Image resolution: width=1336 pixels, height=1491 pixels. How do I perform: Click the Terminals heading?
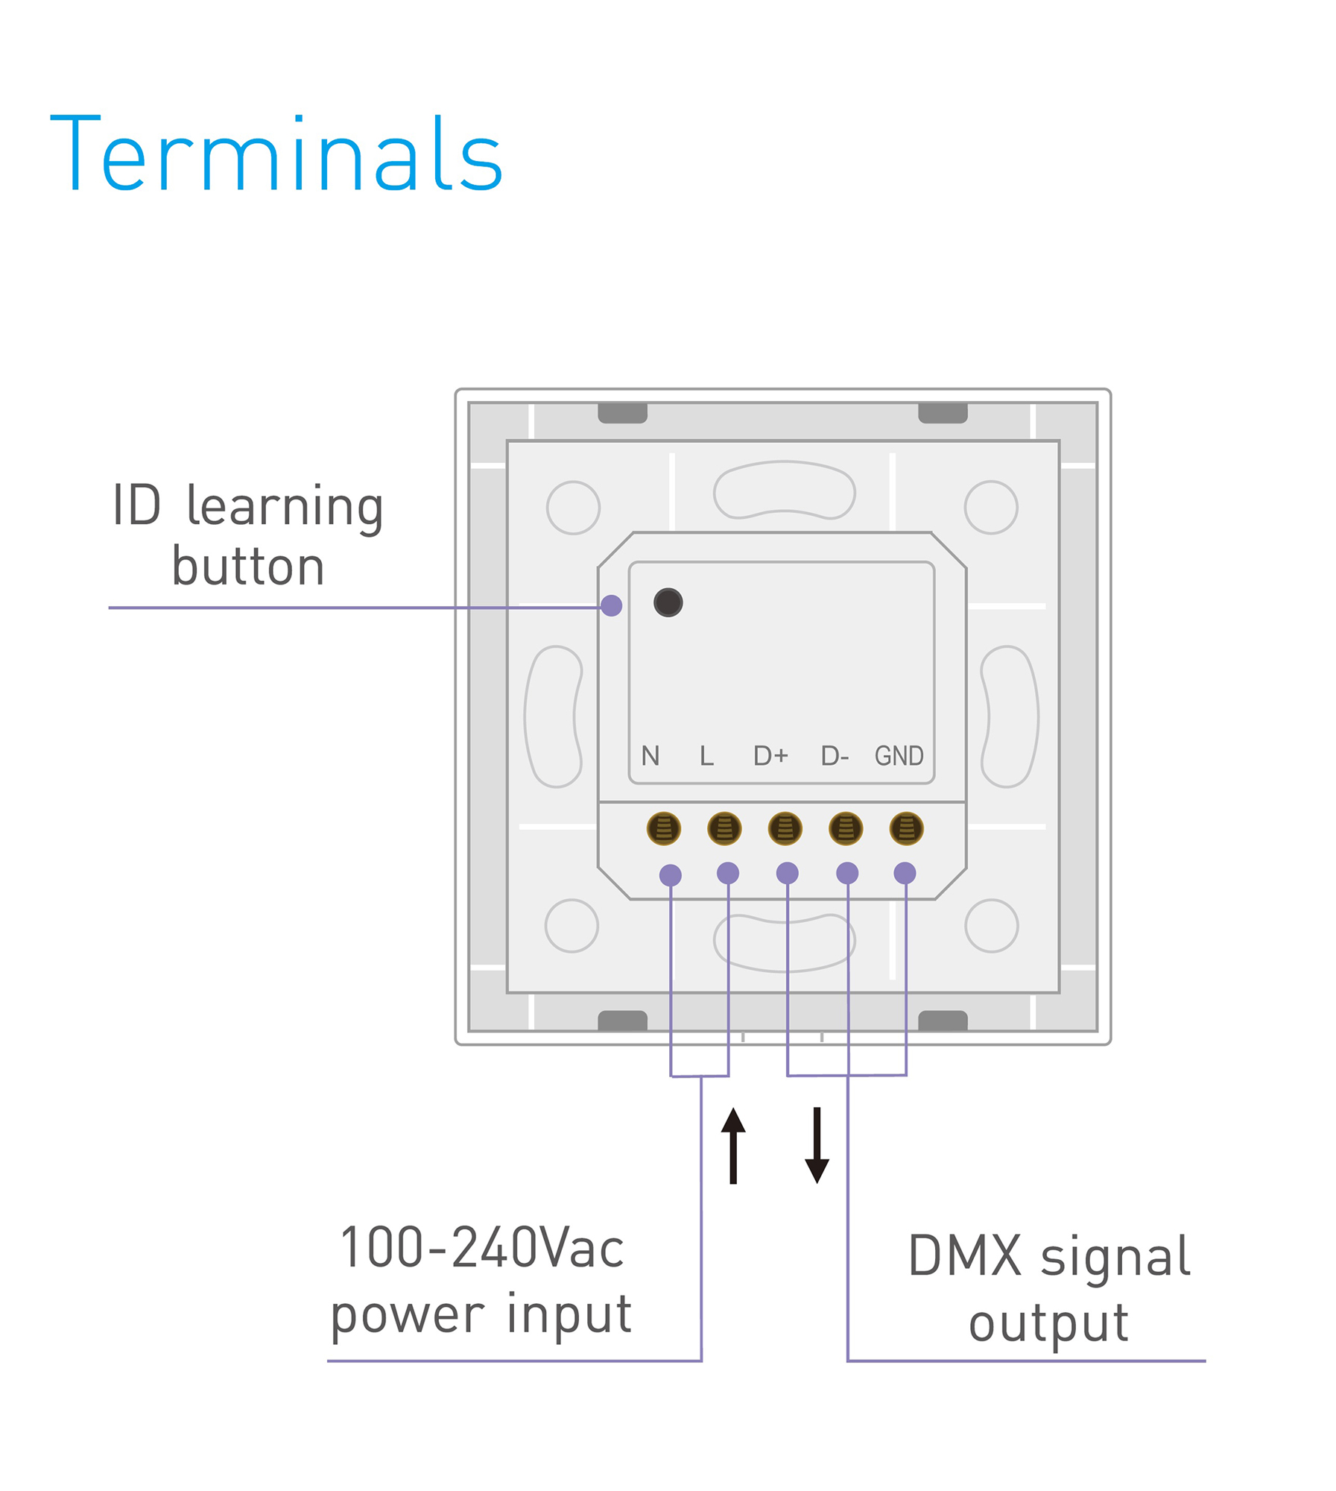[276, 154]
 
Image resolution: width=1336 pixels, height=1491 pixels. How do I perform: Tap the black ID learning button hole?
[668, 602]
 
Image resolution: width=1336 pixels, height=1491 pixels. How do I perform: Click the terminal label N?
[650, 756]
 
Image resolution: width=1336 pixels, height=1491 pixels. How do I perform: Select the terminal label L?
[706, 756]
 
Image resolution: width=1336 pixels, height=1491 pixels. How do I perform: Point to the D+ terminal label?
[770, 756]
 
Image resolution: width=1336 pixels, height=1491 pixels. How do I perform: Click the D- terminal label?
[835, 756]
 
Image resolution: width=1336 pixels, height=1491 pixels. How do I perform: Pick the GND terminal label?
[899, 756]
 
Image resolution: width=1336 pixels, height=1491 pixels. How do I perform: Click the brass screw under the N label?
[663, 828]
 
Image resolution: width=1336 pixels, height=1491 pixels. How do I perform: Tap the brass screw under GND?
[906, 828]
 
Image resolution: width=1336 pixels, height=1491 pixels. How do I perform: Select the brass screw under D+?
[785, 828]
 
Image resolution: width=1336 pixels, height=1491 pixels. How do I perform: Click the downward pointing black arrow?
[817, 1146]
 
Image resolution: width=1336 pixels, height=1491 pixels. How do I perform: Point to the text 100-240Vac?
[481, 1248]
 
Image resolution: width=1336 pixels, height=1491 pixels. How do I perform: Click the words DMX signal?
[1048, 1256]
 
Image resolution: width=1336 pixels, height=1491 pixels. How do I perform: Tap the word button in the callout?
[247, 567]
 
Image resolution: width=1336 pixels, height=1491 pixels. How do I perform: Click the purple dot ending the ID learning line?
[611, 605]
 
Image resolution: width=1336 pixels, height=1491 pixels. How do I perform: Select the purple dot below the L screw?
[727, 873]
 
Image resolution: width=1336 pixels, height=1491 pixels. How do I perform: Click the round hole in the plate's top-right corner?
[990, 508]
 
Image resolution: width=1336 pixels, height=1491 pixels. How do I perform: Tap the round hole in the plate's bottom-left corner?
[572, 926]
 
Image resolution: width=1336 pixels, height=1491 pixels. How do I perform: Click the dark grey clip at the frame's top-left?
[622, 413]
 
